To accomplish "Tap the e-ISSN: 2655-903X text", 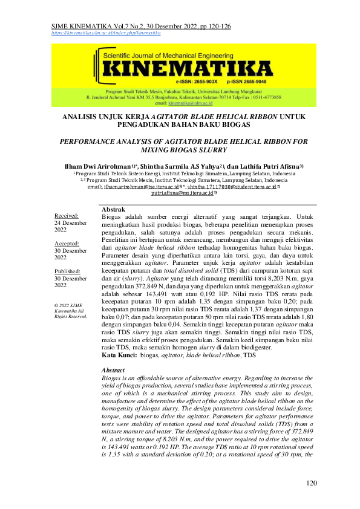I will [x=196, y=80].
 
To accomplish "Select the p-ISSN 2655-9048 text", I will [x=246, y=80].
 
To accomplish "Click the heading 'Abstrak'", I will [x=113, y=209].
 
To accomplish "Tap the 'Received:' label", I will [x=67, y=216].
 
